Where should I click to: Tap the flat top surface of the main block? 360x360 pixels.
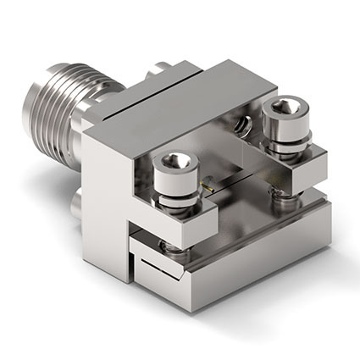195,93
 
